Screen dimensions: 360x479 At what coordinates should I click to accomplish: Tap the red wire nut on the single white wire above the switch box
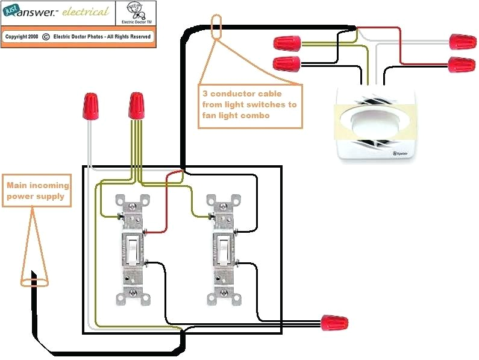(91, 106)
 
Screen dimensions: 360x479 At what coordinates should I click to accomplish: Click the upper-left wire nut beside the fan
(287, 43)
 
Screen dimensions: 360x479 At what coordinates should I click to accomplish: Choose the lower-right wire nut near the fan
(461, 63)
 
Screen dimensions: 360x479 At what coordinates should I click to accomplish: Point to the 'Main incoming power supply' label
(37, 191)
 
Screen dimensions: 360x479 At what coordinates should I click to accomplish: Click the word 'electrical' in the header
(86, 12)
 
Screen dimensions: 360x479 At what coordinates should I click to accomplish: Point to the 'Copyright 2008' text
(22, 36)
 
